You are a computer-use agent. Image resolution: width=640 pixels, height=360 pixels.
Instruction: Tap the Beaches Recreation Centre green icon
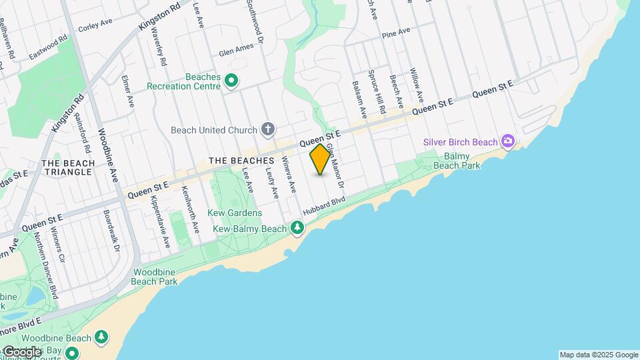(x=231, y=82)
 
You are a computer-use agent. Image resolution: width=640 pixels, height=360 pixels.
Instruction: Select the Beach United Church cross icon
(x=267, y=129)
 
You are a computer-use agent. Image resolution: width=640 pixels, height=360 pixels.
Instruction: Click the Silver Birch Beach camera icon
(x=508, y=141)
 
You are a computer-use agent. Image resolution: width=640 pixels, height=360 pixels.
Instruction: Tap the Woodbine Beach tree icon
(x=101, y=337)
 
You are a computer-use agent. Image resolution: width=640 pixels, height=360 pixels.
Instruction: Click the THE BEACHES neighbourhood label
(x=241, y=161)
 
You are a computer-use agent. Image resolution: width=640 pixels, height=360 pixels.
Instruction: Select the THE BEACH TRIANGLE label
(x=67, y=167)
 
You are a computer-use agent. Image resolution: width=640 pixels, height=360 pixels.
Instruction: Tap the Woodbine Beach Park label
(x=155, y=277)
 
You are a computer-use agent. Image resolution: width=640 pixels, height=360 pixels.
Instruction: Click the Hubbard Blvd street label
(x=324, y=205)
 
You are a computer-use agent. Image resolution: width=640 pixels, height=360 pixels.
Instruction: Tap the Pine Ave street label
(x=395, y=33)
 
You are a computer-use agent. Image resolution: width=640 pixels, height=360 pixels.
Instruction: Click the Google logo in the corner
(x=21, y=352)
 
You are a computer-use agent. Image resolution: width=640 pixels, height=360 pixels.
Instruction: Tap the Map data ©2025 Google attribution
(x=599, y=355)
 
